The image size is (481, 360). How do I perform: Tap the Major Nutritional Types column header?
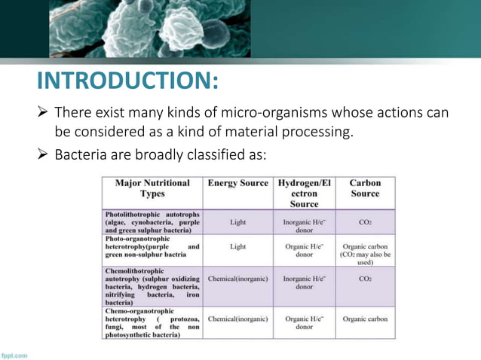coord(152,188)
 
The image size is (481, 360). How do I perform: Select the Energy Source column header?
coord(237,183)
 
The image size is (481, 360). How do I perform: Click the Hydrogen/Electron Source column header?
coord(304,193)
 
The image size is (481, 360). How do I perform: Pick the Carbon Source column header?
coord(365,188)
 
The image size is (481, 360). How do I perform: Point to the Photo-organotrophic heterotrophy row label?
coord(152,246)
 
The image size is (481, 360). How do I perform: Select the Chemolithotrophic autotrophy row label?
coord(152,285)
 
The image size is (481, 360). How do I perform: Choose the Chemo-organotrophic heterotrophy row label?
coord(152,323)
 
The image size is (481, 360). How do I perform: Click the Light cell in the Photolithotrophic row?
coord(237,223)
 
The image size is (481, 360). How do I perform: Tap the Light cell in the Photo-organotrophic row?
coord(237,246)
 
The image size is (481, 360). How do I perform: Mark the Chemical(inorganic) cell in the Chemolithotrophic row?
coord(237,279)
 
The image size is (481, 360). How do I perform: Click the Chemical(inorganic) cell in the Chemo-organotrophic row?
coord(237,319)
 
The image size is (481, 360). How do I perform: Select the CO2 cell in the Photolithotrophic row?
coord(365,223)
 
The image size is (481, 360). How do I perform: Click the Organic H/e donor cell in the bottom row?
coord(304,323)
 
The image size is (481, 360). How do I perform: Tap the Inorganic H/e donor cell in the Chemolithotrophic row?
coord(304,282)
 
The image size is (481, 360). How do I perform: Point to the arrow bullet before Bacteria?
coord(44,156)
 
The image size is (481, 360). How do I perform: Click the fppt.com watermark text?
coord(15,355)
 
